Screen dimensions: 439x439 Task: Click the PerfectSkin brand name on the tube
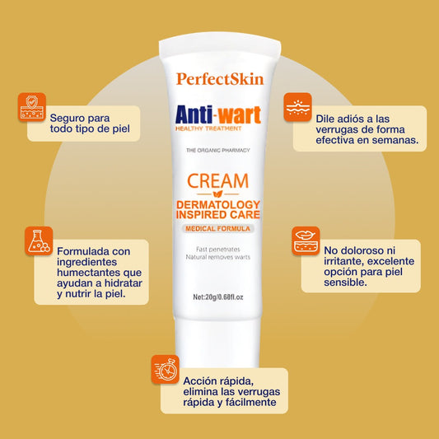[x=220, y=79]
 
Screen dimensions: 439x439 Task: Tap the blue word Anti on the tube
[x=194, y=114]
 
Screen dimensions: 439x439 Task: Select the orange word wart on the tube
[x=240, y=115]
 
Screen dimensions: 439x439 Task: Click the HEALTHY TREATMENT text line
[x=208, y=128]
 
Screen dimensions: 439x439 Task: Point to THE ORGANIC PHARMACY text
[x=218, y=151]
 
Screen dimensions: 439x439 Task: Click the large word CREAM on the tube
[x=217, y=181]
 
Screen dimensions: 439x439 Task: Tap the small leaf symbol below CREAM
[x=217, y=194]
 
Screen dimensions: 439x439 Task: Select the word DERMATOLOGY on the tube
[x=218, y=204]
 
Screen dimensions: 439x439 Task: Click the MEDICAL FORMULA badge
[x=217, y=229]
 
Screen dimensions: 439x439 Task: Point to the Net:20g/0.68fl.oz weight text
[x=218, y=297]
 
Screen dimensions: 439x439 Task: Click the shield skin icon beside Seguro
[x=32, y=107]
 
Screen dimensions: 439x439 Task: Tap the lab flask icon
[x=39, y=241]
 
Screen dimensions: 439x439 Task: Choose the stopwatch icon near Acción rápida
[x=166, y=369]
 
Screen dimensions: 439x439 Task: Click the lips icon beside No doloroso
[x=306, y=241]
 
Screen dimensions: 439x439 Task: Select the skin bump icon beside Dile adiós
[x=297, y=107]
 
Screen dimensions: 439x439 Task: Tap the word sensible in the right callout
[x=345, y=283]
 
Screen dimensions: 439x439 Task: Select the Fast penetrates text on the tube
[x=218, y=250]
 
